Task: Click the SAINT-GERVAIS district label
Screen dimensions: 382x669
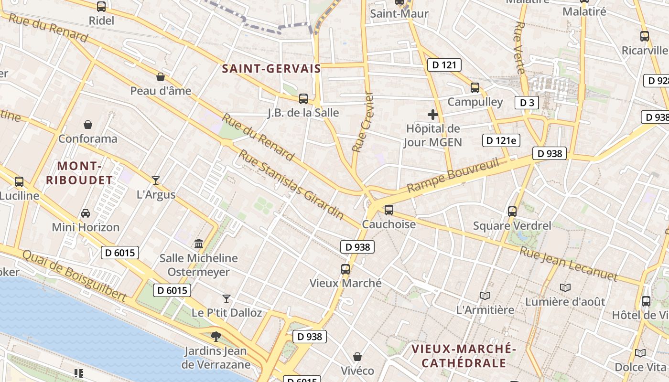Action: [x=271, y=69]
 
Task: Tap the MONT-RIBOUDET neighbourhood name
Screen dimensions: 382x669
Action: [x=85, y=173]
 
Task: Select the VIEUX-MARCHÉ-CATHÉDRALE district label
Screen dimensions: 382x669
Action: [x=464, y=356]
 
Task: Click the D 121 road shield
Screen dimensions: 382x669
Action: [x=444, y=65]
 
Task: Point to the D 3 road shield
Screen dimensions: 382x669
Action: [x=527, y=102]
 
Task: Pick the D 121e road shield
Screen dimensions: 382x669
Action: [x=501, y=140]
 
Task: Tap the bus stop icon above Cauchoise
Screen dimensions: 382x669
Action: [x=389, y=210]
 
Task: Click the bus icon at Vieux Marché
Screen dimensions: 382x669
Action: [x=345, y=269]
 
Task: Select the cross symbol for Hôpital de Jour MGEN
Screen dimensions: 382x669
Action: [x=433, y=115]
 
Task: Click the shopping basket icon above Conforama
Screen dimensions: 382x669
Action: [x=88, y=125]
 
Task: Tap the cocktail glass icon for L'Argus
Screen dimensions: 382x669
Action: [x=156, y=180]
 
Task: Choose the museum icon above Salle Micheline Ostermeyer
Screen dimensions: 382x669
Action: [x=199, y=244]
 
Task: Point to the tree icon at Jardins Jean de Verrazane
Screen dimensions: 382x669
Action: [x=216, y=337]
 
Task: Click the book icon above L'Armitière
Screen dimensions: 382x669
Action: [x=485, y=296]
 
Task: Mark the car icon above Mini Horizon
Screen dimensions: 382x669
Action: [x=86, y=213]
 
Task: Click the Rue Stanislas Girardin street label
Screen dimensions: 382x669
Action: [x=291, y=184]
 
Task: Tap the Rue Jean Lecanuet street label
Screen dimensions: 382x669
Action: [x=568, y=264]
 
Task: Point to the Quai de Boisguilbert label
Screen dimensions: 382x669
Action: [x=74, y=276]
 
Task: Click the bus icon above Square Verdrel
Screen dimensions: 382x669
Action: [x=512, y=211]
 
